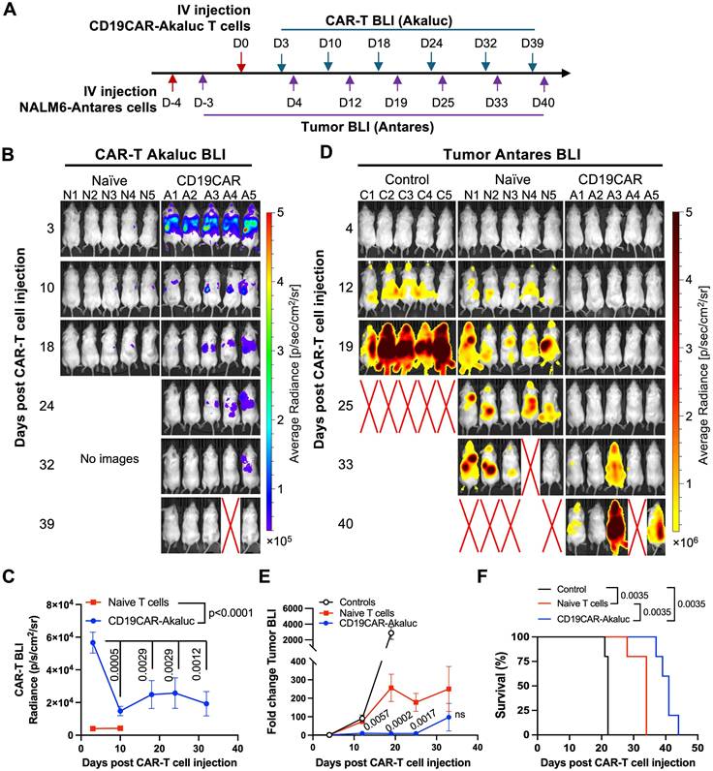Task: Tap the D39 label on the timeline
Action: (x=532, y=45)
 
